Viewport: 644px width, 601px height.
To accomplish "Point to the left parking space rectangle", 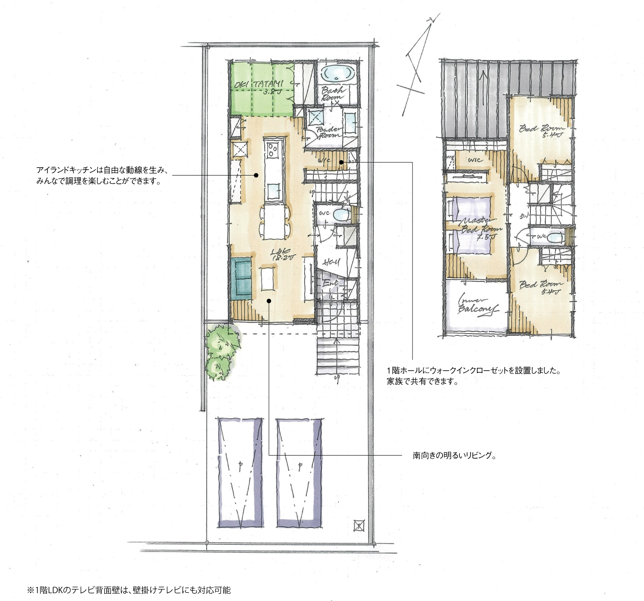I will pos(240,473).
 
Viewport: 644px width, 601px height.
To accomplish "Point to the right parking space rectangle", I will pos(300,473).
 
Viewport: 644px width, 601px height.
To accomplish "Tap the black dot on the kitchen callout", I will pos(256,176).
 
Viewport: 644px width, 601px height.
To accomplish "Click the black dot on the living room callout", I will pos(269,301).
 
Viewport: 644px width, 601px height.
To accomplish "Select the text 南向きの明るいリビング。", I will pos(454,456).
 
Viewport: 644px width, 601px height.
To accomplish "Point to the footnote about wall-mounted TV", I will pos(129,590).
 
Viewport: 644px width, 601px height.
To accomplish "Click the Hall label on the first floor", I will pos(332,263).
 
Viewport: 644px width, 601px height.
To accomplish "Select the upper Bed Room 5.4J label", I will pos(542,131).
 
